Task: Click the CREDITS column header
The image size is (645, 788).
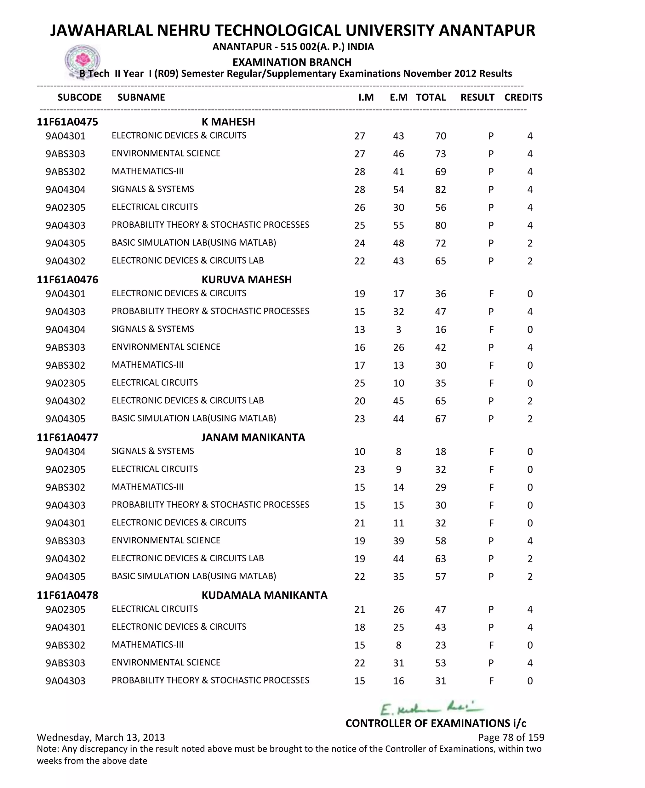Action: pos(523,97)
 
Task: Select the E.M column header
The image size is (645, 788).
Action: pos(398,97)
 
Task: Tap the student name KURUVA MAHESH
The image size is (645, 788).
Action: pos(246,280)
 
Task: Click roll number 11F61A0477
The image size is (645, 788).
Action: pos(67,438)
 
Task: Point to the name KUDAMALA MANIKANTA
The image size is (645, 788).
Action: pos(264,595)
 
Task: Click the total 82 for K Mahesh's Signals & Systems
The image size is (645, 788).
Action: pos(440,190)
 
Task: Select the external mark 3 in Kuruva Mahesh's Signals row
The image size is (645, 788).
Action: pos(398,330)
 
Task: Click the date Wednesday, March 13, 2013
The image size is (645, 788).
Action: pos(101,737)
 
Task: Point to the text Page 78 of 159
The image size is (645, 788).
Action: pos(511,737)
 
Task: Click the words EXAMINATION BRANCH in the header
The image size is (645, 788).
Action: pos(292,62)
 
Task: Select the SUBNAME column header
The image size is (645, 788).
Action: pos(141,97)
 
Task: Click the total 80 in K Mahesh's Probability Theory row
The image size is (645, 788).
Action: pos(440,225)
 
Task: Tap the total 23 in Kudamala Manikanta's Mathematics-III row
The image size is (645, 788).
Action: pos(440,645)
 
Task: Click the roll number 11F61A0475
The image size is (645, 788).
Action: pos(67,122)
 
